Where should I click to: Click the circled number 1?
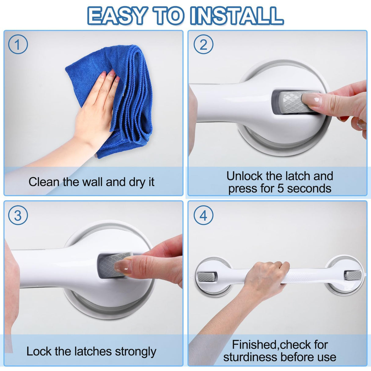pyautogui.click(x=18, y=44)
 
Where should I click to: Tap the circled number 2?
pyautogui.click(x=204, y=44)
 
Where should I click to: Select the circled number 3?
pyautogui.click(x=18, y=215)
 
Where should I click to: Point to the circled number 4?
pyautogui.click(x=204, y=215)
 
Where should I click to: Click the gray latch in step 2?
pyautogui.click(x=295, y=102)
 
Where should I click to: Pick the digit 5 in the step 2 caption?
pyautogui.click(x=280, y=189)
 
